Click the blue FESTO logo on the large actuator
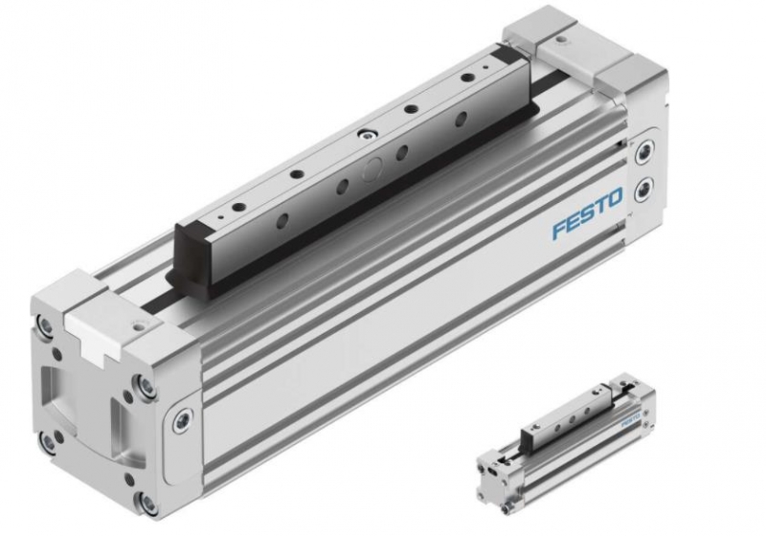pos(588,212)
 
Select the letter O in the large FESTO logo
pos(615,198)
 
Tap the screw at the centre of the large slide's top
pos(365,134)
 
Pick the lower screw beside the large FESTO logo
pos(643,188)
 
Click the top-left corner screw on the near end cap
pos(45,326)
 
